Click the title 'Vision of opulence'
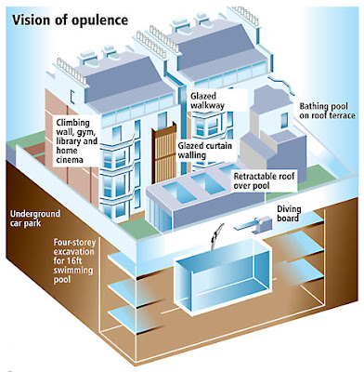(x=70, y=20)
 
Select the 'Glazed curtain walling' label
(x=204, y=150)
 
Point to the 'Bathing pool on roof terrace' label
(x=327, y=111)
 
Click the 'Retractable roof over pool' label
(x=264, y=181)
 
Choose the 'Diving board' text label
(x=289, y=213)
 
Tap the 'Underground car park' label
(x=35, y=219)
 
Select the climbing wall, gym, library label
(x=77, y=141)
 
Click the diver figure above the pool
(x=216, y=235)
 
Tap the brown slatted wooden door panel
(x=164, y=154)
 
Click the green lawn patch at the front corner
(x=134, y=228)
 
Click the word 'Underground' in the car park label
(x=35, y=214)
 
